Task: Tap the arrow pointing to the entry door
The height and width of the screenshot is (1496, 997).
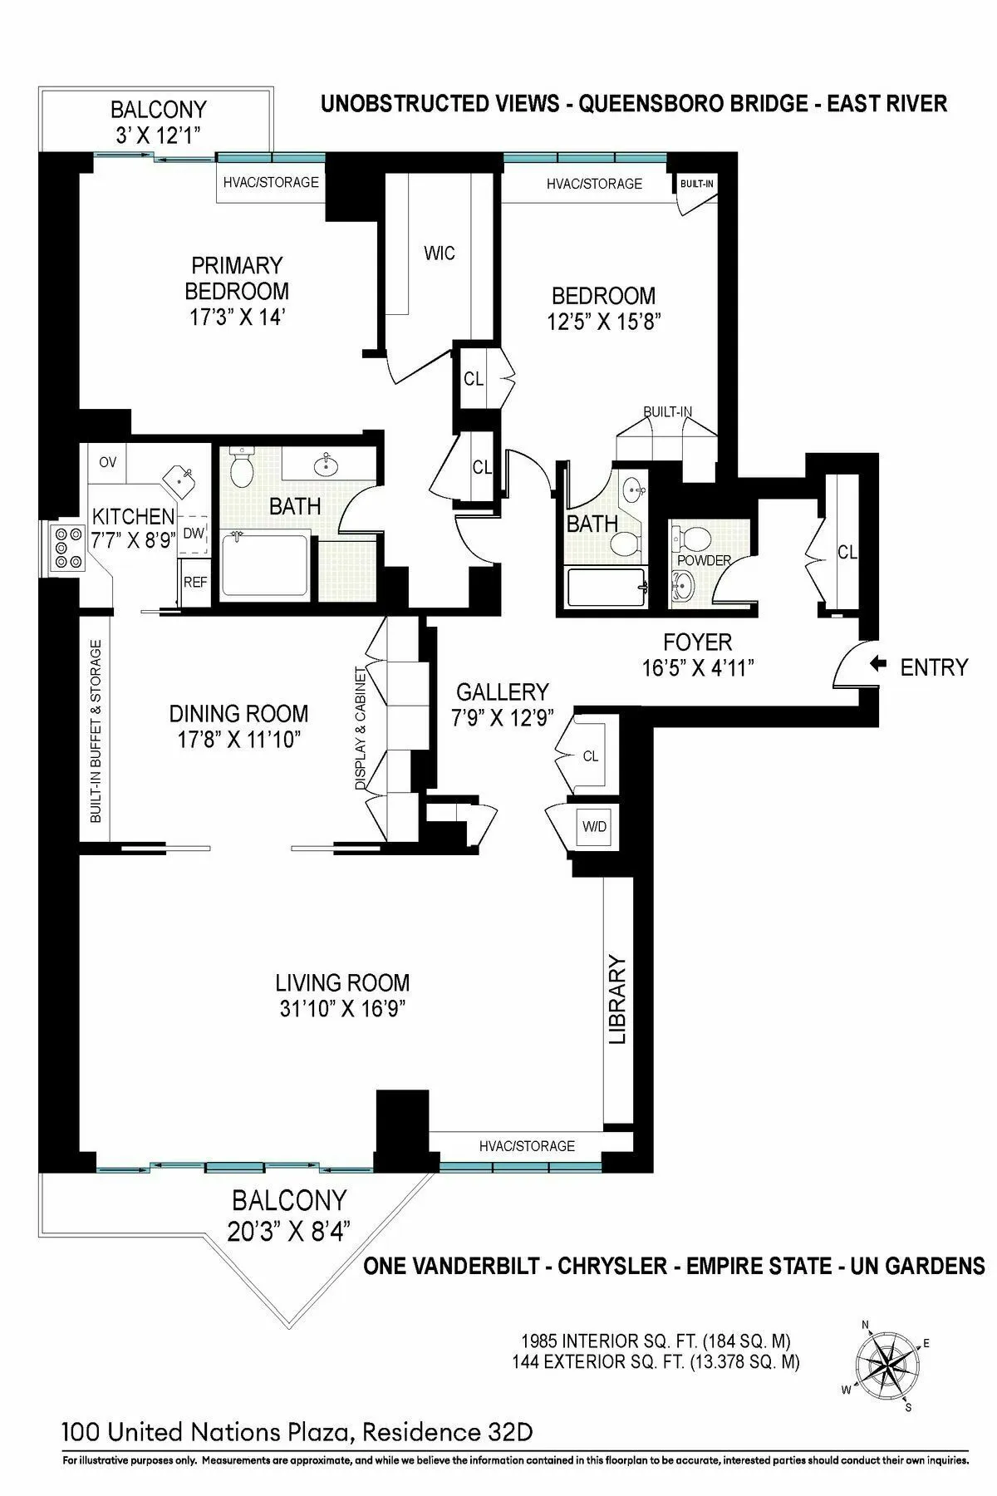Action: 878,664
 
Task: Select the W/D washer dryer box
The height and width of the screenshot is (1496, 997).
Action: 594,827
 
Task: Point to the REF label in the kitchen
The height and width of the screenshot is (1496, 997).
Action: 195,582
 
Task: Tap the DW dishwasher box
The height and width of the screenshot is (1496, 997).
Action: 193,533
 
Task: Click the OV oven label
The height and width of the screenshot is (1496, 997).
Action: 108,462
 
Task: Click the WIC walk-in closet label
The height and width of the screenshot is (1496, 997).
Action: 439,253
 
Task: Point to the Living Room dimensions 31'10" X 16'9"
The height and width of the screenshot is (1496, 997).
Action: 342,1008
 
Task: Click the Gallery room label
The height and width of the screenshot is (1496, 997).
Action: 503,691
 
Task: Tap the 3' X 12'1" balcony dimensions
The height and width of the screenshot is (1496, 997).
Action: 158,135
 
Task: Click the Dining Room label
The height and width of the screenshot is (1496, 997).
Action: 238,713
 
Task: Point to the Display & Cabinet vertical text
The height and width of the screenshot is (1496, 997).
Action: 361,727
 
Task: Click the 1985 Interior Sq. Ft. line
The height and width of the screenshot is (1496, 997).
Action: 656,1341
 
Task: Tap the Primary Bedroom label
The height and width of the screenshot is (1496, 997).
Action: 237,278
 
